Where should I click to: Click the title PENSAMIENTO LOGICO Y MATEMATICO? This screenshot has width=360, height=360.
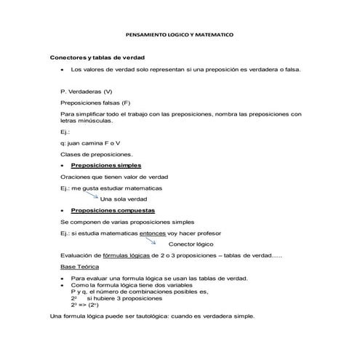[x=180, y=35]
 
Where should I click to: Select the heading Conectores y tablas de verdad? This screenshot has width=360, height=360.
[x=98, y=57]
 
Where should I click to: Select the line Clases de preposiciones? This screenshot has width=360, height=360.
[x=97, y=154]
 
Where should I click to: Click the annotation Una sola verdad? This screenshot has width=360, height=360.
[x=124, y=199]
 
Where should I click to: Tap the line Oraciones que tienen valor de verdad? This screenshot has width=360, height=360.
[x=114, y=177]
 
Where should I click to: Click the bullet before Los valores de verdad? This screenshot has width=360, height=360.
[x=63, y=69]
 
